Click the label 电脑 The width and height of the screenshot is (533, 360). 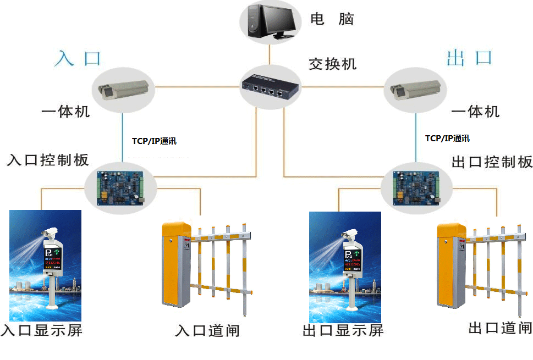point(332,19)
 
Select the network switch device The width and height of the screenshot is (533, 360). point(270,86)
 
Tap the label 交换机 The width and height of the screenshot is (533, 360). point(332,64)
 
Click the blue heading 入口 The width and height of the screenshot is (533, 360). point(79,58)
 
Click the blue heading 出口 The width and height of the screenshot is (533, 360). point(469,58)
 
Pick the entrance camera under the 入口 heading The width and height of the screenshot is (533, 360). point(122,90)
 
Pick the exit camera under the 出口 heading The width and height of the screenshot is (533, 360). point(414,90)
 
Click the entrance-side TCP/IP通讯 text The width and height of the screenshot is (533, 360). point(154,141)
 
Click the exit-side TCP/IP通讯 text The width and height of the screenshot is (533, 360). point(447,138)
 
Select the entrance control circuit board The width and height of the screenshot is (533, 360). point(121,187)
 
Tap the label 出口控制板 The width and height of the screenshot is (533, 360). point(492,162)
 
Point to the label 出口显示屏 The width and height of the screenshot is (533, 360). point(343,330)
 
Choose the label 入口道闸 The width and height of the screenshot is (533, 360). point(207,331)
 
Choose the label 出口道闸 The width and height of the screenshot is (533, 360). point(500,328)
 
